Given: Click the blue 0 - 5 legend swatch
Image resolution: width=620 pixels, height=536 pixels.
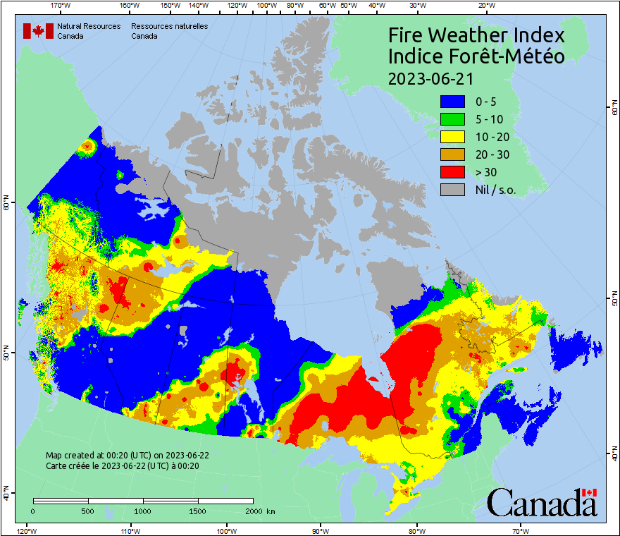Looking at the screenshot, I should [453, 102].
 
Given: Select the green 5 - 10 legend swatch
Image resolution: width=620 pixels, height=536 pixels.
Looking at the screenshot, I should [453, 119].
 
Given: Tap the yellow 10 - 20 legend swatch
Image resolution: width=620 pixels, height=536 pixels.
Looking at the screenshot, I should [453, 137].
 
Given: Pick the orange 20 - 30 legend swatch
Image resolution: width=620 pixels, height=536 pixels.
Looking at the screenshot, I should [453, 154].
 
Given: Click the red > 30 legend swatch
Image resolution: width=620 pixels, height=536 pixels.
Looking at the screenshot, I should [453, 172].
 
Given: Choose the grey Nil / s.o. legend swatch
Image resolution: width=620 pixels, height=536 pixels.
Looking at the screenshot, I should [453, 190].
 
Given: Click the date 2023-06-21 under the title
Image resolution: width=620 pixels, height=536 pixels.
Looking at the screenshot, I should [430, 78].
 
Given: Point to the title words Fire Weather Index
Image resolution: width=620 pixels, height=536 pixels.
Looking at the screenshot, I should [477, 35].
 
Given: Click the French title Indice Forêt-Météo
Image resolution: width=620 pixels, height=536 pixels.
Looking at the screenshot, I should [477, 56].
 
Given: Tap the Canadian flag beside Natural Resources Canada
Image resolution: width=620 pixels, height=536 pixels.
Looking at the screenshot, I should [37, 31].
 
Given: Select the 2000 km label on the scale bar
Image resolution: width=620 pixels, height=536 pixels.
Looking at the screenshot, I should [260, 511].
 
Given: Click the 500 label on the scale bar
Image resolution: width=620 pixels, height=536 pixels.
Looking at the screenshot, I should [87, 511].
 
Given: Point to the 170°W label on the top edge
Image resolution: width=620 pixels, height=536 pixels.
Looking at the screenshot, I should [61, 5].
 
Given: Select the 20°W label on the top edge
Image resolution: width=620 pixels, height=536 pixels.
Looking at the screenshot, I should [485, 5].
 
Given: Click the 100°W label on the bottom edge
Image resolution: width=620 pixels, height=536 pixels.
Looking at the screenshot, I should [226, 530].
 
